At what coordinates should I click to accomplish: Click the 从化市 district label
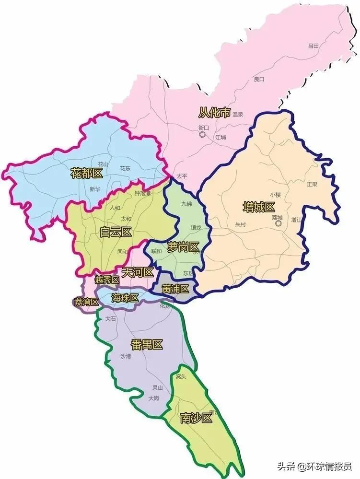coord(215,113)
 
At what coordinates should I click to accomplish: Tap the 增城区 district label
coord(259,207)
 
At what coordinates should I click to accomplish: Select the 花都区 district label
coord(87,173)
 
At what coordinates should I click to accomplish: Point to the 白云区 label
coord(116,233)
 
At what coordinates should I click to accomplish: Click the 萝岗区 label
coord(183,247)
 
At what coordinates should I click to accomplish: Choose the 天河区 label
coord(138,273)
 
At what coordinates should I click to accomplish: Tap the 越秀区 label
coord(106,280)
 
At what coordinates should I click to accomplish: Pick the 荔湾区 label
coord(86,302)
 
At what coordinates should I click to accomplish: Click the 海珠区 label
coord(125,298)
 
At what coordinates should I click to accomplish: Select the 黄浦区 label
coord(175,289)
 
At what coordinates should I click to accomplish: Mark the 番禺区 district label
coord(147,344)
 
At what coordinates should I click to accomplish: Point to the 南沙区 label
coord(196,418)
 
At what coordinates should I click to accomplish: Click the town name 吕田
coord(314,46)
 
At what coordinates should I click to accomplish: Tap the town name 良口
coord(259,79)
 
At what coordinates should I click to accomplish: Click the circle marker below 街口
coord(203,135)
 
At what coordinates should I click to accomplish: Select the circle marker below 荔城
coord(278,223)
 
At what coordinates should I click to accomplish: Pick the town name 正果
coord(312,184)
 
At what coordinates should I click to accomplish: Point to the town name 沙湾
coord(126,356)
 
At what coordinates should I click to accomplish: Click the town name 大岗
coord(153,398)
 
